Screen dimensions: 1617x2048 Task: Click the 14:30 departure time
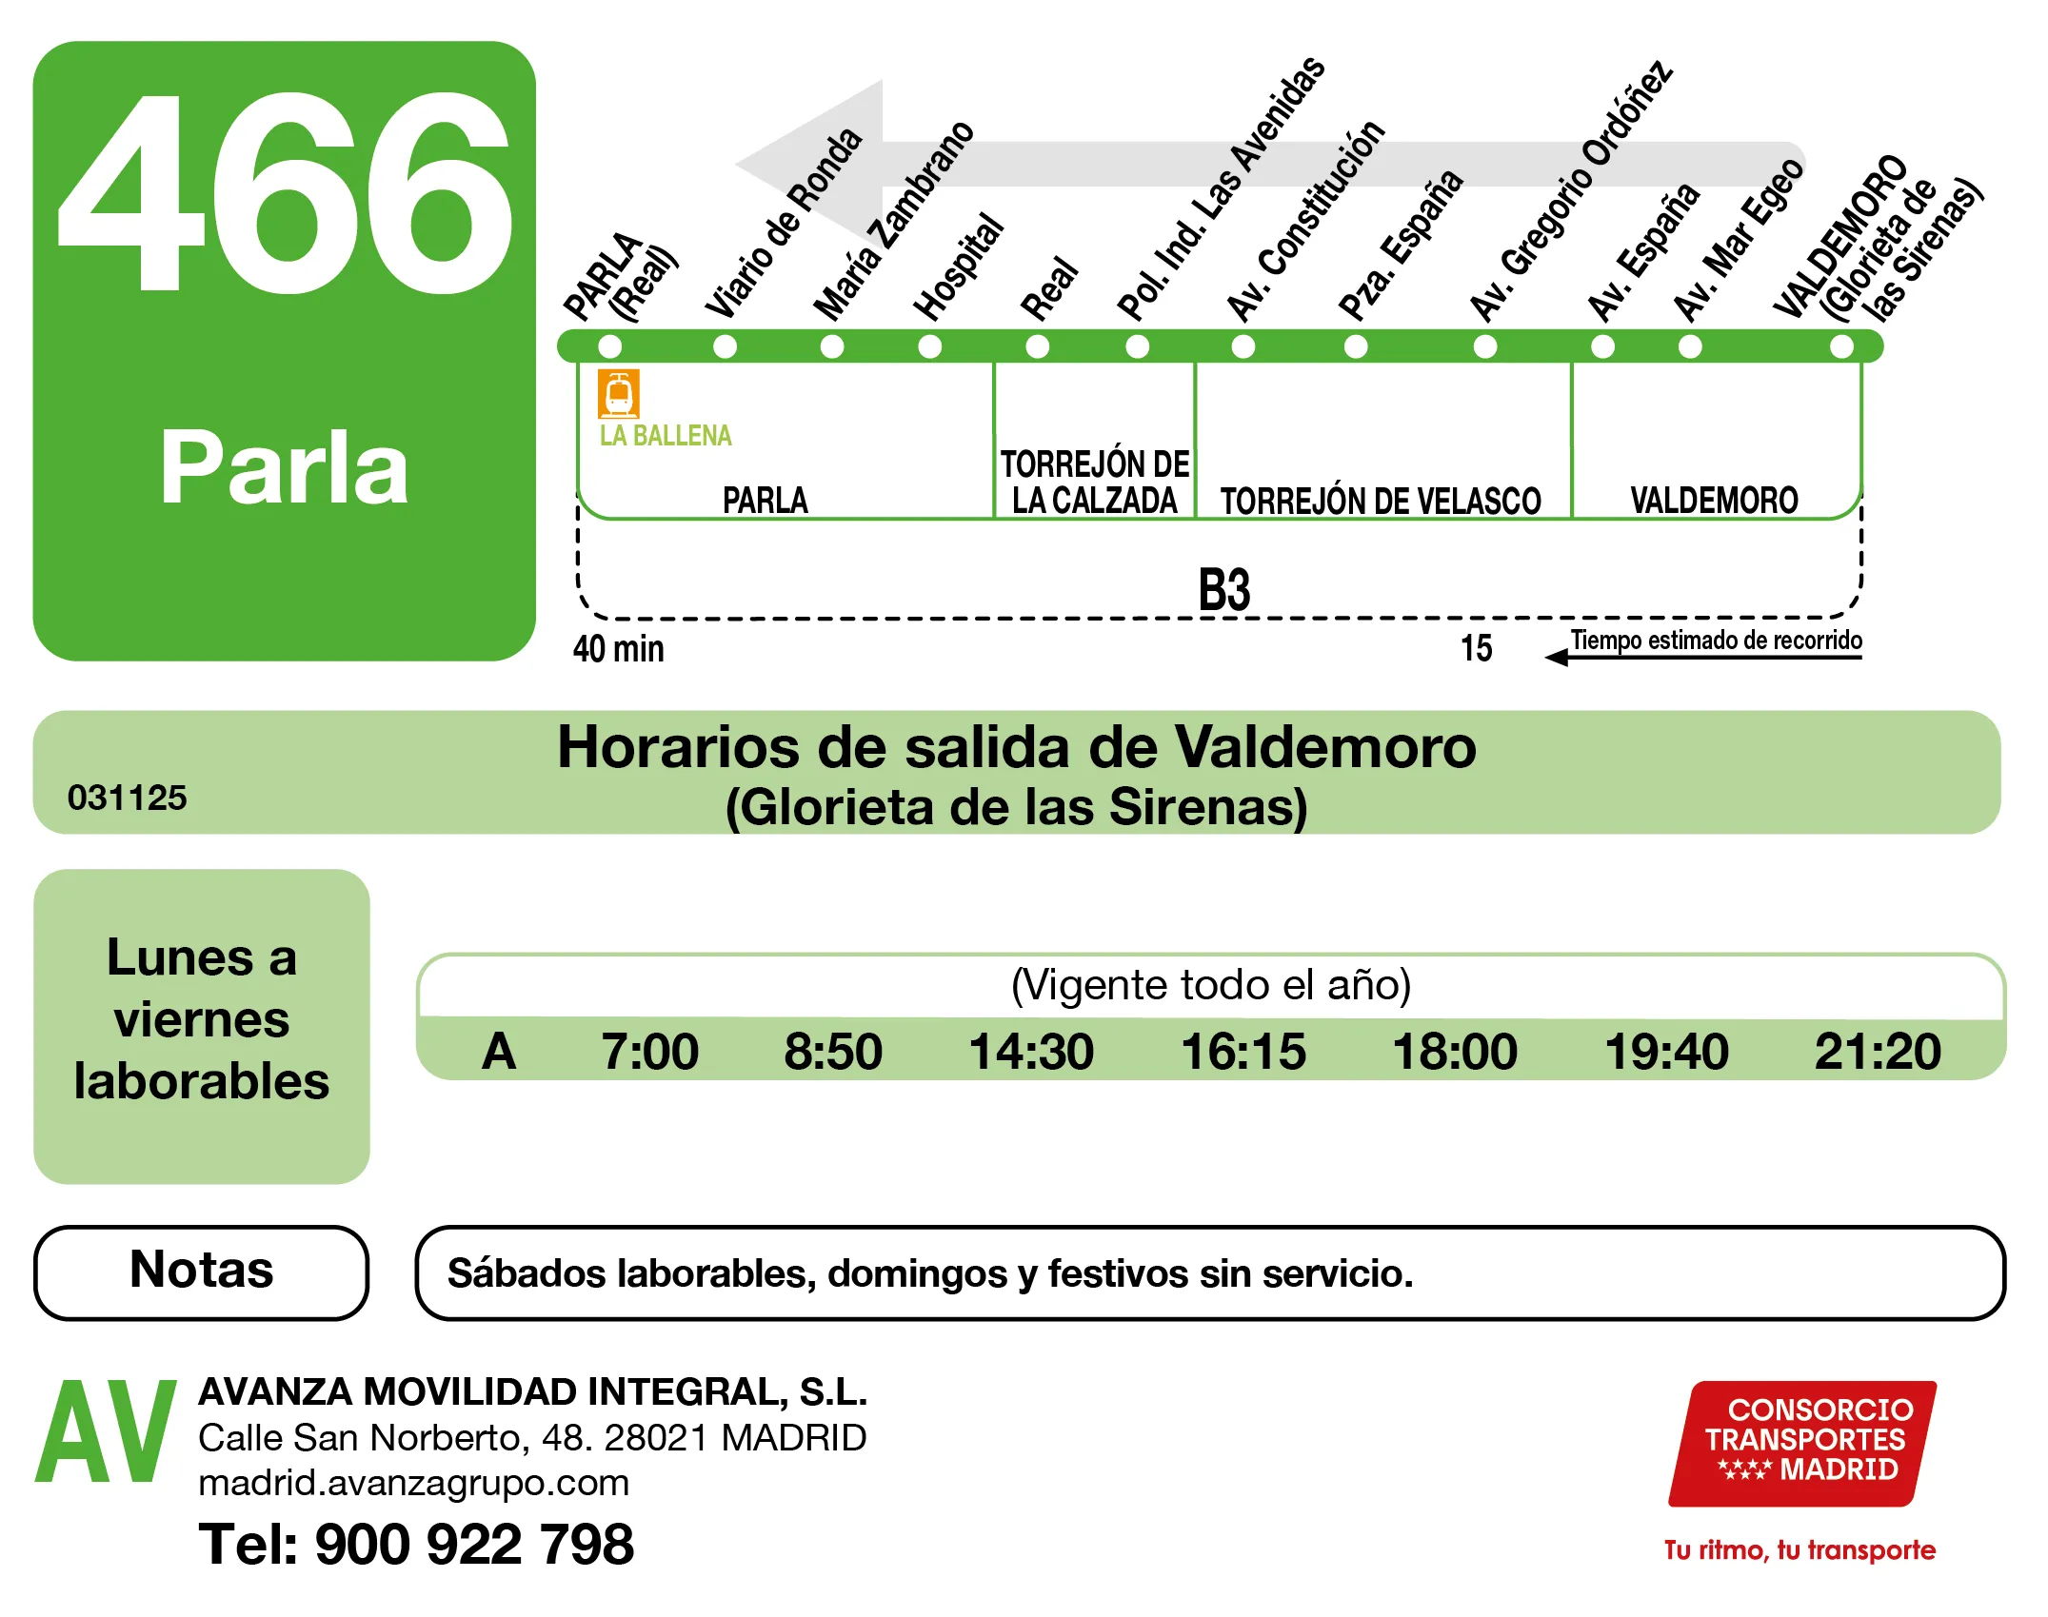pos(1031,1052)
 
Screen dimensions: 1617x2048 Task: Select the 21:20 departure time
pos(1878,1052)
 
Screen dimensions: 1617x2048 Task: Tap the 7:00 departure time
pos(649,1052)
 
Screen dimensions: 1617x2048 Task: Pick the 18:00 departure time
pos(1455,1052)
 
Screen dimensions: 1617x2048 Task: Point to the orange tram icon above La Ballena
pos(618,393)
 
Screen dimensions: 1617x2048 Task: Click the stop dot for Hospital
pos(930,346)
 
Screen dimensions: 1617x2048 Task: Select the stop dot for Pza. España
pos(1356,346)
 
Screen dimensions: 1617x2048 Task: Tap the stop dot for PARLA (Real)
pos(610,346)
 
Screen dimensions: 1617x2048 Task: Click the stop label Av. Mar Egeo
pos(1738,242)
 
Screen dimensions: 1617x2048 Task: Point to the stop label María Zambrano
pos(893,223)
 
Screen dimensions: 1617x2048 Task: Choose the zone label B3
pos(1223,590)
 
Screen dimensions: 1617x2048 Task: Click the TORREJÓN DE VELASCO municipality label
pos(1381,501)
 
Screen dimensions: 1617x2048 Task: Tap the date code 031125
pos(128,798)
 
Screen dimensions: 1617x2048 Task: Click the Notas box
pos(201,1272)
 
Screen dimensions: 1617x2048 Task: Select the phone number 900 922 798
pos(473,1544)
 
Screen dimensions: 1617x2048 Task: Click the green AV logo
pos(106,1432)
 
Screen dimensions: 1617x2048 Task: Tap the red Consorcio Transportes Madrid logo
pos(1802,1443)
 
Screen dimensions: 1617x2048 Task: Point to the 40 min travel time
pos(619,649)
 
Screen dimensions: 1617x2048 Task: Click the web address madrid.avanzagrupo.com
pos(414,1483)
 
